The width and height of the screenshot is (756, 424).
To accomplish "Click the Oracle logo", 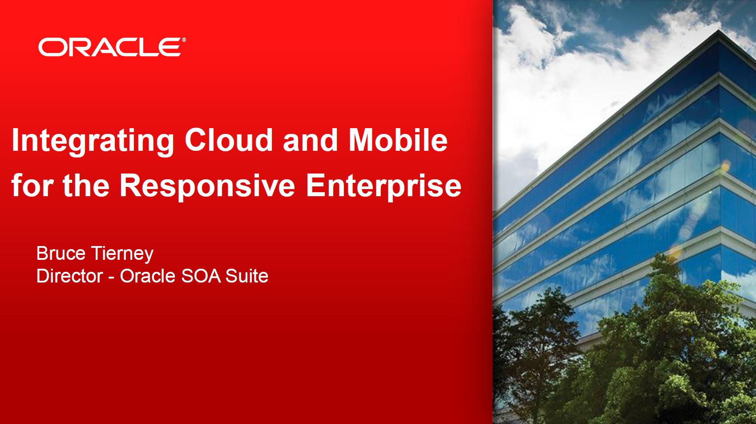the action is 112,47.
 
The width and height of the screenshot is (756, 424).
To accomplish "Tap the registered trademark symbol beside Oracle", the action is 184,40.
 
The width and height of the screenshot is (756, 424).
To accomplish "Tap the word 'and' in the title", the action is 311,140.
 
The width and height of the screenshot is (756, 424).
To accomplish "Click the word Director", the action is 69,276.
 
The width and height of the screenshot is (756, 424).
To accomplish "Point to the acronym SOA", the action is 201,276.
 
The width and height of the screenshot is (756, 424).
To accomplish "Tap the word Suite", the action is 247,276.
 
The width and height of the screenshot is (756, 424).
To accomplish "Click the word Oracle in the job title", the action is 148,276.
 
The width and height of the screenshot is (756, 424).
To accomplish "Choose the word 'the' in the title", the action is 86,186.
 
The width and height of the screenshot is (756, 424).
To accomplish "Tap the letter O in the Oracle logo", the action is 51,47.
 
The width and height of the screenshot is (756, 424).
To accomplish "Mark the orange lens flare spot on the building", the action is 725,166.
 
